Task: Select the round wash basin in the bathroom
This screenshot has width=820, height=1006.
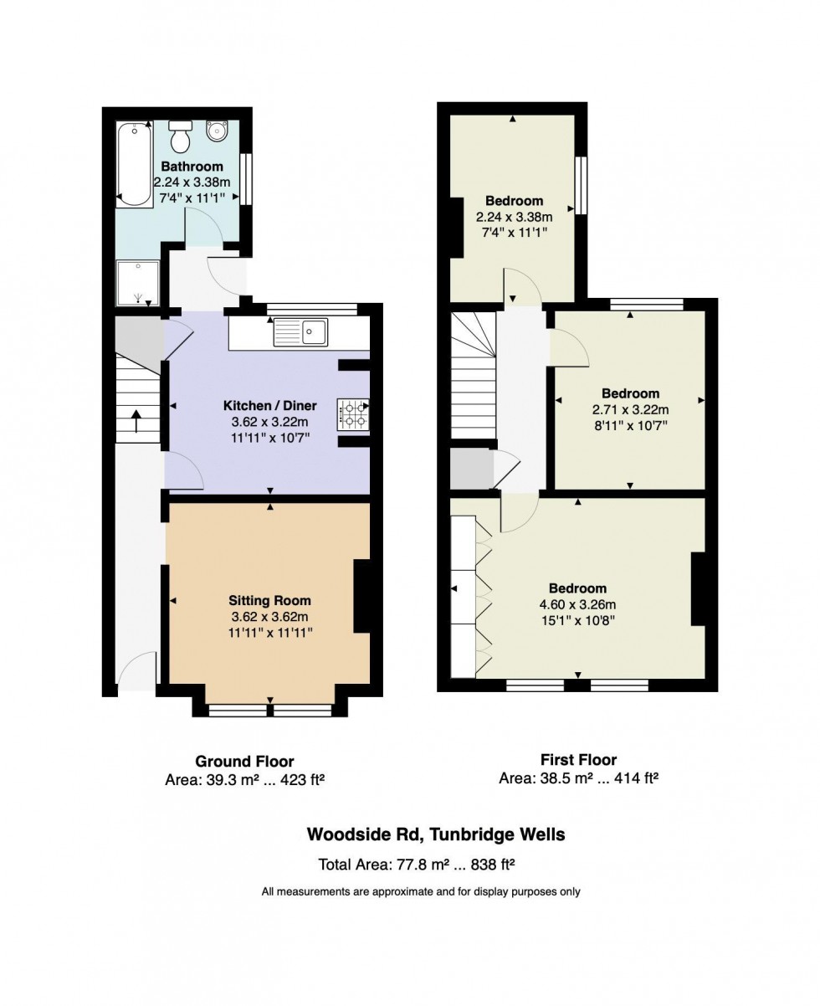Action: coord(218,132)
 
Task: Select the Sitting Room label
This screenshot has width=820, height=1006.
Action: coord(269,600)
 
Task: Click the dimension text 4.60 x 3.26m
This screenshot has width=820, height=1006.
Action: coord(577,604)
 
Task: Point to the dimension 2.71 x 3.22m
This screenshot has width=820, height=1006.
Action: coord(630,409)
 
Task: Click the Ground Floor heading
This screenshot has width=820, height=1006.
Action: coord(244,762)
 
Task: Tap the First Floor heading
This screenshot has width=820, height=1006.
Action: coord(578,760)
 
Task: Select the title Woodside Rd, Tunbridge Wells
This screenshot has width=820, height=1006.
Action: coord(435,834)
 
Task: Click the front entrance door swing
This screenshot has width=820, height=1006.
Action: coord(136,671)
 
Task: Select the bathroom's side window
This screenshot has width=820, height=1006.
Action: coord(246,178)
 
